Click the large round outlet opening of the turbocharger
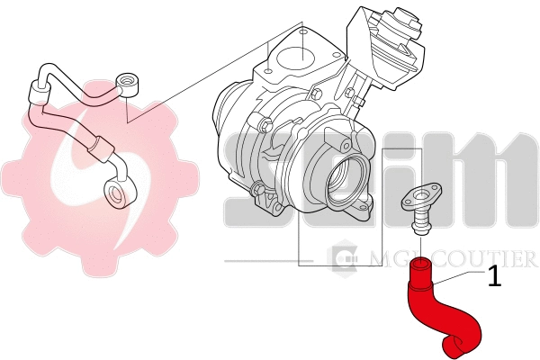tap(346, 177)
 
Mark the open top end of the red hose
tap(422, 265)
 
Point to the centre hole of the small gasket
tap(418, 194)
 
